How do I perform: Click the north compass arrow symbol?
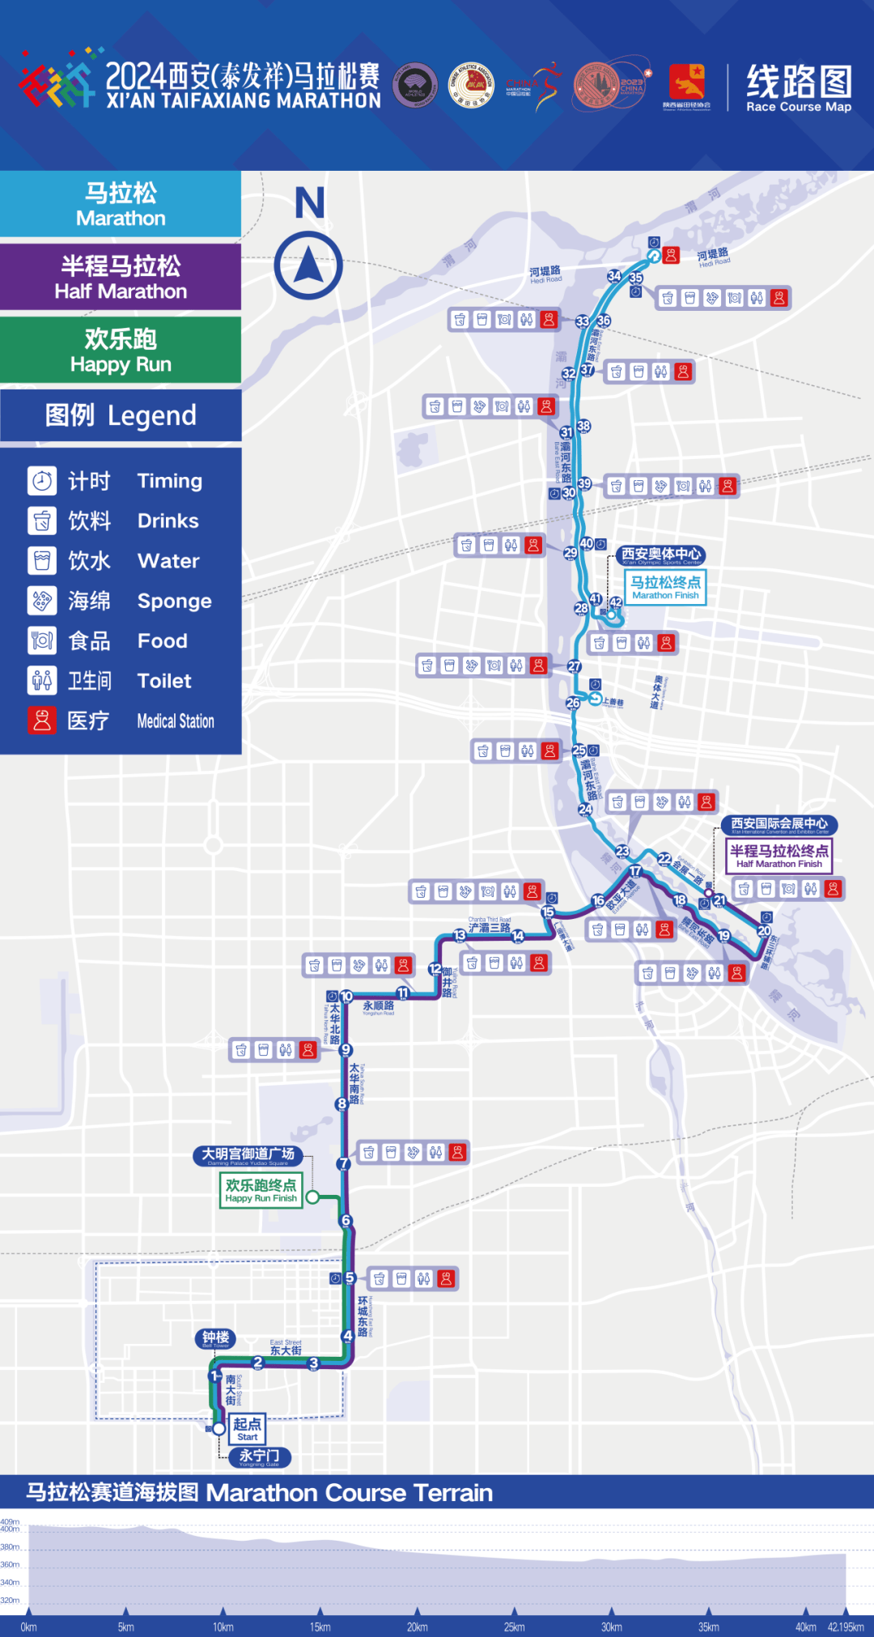[x=308, y=266]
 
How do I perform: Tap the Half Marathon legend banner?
[x=121, y=277]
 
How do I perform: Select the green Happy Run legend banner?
[x=121, y=350]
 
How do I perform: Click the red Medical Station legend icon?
[x=42, y=721]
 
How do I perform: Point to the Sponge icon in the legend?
[x=42, y=600]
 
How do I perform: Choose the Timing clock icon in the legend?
[x=42, y=480]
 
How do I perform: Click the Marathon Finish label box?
[x=665, y=587]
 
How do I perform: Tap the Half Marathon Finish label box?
[x=779, y=855]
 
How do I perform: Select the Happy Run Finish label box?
[x=261, y=1190]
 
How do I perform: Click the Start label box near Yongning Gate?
[x=247, y=1428]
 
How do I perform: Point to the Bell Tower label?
[x=215, y=1338]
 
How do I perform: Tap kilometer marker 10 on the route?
[x=346, y=996]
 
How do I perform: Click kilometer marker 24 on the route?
[x=585, y=809]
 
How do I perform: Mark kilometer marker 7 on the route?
[x=344, y=1163]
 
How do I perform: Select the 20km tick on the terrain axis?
[x=417, y=1626]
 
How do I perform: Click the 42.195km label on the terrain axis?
[x=845, y=1626]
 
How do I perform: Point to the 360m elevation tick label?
[x=10, y=1564]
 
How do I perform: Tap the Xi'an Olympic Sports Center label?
[x=660, y=555]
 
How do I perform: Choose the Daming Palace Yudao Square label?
[x=248, y=1155]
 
